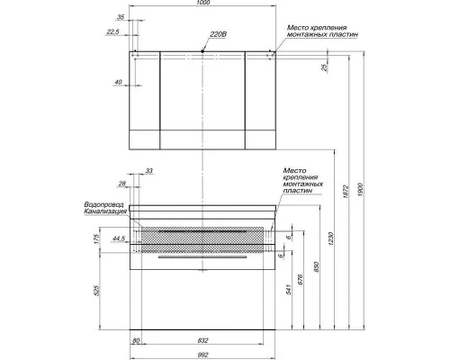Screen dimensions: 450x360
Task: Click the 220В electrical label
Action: click(x=218, y=34)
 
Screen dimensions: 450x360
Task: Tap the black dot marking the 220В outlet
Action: click(x=202, y=51)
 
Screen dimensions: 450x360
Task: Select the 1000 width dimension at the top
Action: click(x=203, y=3)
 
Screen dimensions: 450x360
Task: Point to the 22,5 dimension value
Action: click(x=112, y=31)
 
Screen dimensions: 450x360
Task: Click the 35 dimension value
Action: click(x=121, y=17)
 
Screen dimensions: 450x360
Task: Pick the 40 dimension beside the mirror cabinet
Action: click(x=119, y=82)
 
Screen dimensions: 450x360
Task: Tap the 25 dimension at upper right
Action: click(x=325, y=67)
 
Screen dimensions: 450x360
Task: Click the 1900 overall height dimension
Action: click(x=360, y=190)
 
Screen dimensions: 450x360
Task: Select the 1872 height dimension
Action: click(x=346, y=192)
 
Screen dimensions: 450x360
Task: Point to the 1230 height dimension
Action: click(x=330, y=238)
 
